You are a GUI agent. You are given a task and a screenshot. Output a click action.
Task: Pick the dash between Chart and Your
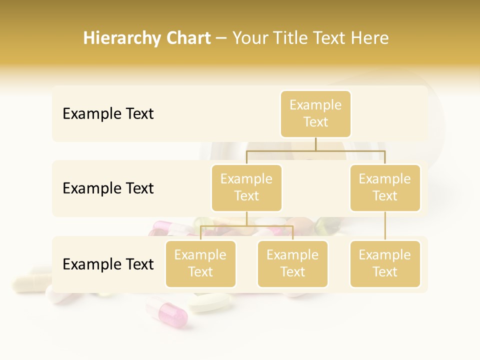221,39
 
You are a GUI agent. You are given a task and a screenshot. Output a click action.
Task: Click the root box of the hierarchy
315,113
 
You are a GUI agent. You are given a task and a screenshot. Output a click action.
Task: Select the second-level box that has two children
246,187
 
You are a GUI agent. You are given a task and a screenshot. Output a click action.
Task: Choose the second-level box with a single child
385,187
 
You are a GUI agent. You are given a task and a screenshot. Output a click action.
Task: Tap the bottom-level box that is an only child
385,263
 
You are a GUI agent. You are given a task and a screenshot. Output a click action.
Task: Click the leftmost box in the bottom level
200,263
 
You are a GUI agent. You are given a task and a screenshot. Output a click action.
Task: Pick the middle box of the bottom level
292,263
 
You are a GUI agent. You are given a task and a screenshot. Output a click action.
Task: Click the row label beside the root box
108,114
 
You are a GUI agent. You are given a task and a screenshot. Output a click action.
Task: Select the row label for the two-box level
108,188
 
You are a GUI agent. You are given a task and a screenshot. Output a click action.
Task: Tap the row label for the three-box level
108,264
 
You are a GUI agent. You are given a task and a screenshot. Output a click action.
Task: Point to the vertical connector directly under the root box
315,144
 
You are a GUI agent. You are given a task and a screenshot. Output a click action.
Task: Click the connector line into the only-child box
385,226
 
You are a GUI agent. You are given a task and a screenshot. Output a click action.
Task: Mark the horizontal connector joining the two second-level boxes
315,150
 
